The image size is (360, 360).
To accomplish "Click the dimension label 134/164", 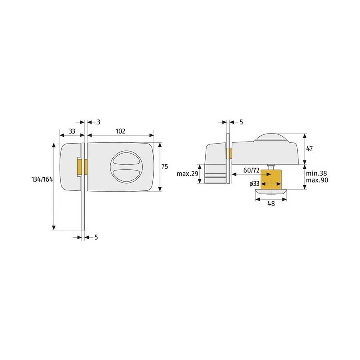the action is (x=42, y=179).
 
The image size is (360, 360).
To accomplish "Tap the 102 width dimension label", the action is (x=120, y=131).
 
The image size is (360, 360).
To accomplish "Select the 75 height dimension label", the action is (x=165, y=166).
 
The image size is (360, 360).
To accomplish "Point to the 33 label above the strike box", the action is (x=72, y=131).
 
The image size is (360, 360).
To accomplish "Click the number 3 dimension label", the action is (x=98, y=122).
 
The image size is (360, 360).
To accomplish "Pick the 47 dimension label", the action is (x=310, y=149).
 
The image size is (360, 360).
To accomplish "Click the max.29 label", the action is (x=187, y=174).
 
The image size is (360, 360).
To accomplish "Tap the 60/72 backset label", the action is (x=252, y=170).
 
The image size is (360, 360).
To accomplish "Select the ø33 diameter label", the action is (x=254, y=184).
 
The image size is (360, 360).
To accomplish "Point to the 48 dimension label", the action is (x=271, y=204).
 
